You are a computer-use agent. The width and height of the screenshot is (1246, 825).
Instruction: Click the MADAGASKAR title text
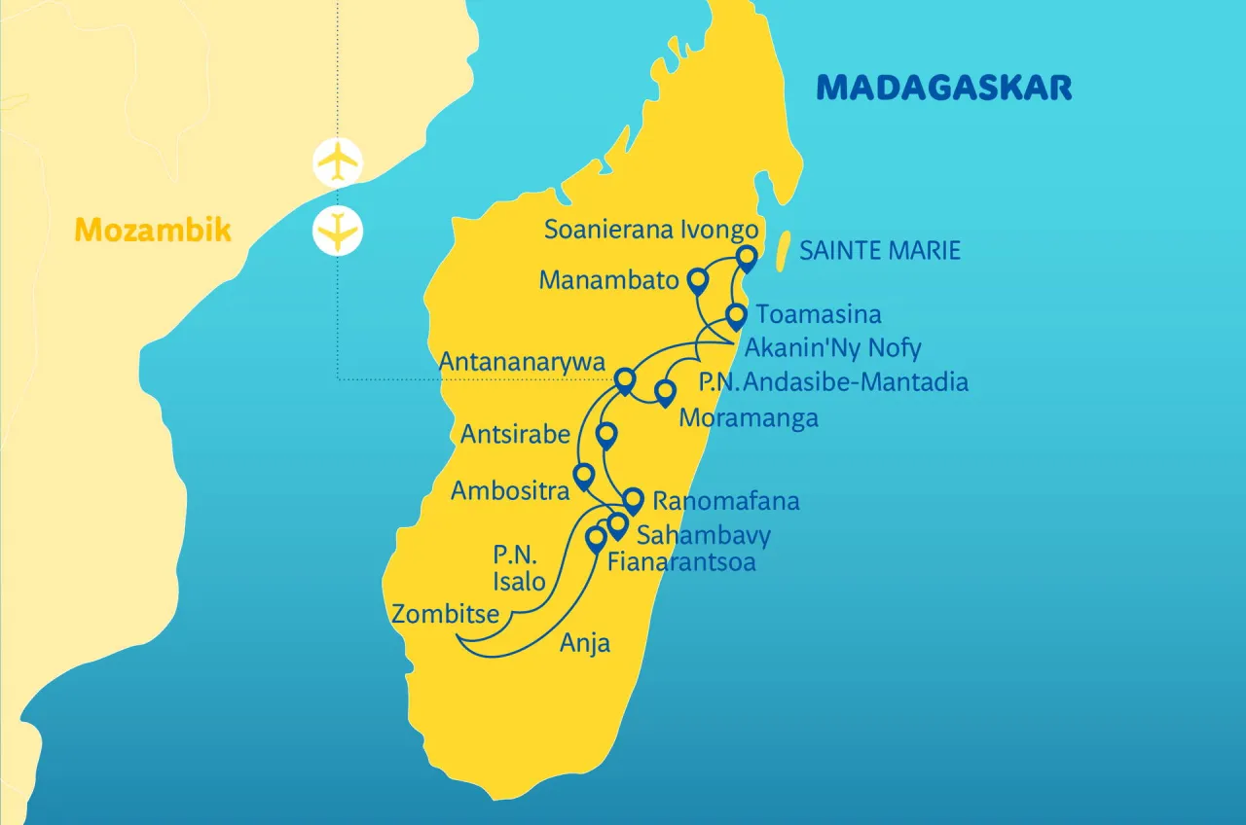pyautogui.click(x=943, y=88)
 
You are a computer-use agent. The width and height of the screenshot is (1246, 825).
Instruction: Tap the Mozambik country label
pyautogui.click(x=153, y=231)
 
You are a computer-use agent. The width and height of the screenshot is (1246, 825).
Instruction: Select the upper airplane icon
pyautogui.click(x=338, y=161)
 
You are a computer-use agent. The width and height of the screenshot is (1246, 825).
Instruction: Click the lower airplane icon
pyautogui.click(x=338, y=232)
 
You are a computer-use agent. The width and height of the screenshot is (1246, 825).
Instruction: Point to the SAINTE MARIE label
pyautogui.click(x=879, y=251)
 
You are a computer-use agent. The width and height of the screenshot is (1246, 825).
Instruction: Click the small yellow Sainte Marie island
pyautogui.click(x=785, y=250)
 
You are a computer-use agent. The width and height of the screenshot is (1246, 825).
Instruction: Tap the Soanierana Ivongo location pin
pyautogui.click(x=746, y=258)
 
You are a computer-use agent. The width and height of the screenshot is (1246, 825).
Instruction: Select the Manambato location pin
pyautogui.click(x=697, y=281)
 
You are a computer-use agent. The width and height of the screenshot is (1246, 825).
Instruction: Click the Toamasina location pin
pyautogui.click(x=737, y=316)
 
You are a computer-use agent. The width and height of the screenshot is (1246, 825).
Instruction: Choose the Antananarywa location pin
pyautogui.click(x=625, y=378)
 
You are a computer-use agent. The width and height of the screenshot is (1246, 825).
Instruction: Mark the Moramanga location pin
pyautogui.click(x=665, y=392)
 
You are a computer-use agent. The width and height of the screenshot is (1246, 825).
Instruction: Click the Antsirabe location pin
pyautogui.click(x=605, y=435)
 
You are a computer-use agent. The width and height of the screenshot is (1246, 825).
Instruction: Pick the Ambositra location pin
pyautogui.click(x=584, y=476)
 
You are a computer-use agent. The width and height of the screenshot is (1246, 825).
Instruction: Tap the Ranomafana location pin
pyautogui.click(x=633, y=500)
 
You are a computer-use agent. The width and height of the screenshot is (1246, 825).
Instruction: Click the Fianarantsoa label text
pyautogui.click(x=680, y=562)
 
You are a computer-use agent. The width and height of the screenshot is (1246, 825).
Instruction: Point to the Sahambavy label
pyautogui.click(x=703, y=534)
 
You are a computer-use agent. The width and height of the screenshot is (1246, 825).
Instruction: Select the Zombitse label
pyautogui.click(x=446, y=614)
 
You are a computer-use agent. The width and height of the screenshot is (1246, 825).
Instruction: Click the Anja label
pyautogui.click(x=585, y=642)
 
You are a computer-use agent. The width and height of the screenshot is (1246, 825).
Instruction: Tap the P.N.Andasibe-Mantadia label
pyautogui.click(x=834, y=382)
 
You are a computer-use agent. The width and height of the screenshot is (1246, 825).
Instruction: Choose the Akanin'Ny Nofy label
pyautogui.click(x=832, y=347)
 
